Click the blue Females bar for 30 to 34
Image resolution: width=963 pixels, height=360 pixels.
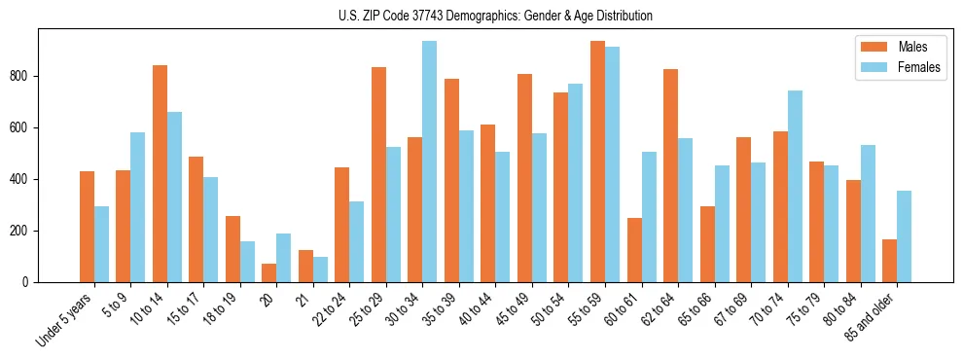pos(429,162)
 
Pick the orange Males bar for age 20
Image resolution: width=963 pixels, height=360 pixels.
pos(269,272)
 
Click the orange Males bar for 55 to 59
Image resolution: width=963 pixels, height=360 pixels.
pos(597,162)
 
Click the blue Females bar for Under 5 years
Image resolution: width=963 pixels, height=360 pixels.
pos(101,244)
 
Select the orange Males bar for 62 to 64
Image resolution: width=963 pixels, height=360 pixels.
pos(670,175)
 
